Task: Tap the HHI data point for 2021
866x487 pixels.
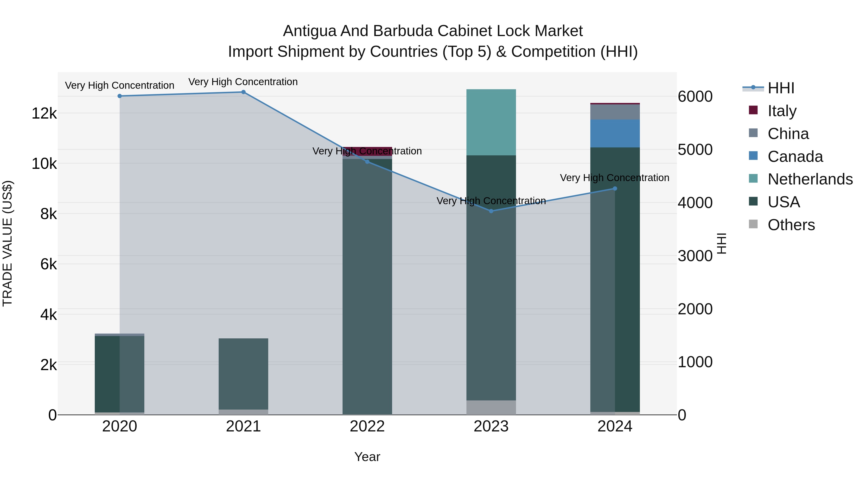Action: click(x=243, y=92)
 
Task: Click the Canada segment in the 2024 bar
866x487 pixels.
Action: click(x=615, y=133)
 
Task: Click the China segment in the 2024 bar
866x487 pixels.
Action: click(x=615, y=112)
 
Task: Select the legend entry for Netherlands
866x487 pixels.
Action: click(x=810, y=179)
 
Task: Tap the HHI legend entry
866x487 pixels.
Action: click(x=781, y=88)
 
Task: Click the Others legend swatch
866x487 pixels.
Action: click(x=753, y=224)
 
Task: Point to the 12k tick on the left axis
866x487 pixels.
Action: click(x=44, y=113)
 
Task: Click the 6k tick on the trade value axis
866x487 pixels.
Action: click(x=48, y=264)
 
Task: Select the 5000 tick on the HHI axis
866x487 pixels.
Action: click(x=695, y=150)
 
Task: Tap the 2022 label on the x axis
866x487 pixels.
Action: click(x=367, y=426)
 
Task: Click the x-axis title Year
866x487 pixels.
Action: click(x=367, y=457)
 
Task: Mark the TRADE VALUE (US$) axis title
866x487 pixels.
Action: click(x=7, y=243)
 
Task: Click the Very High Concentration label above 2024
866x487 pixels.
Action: click(x=615, y=177)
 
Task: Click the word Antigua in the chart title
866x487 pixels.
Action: click(x=309, y=31)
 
